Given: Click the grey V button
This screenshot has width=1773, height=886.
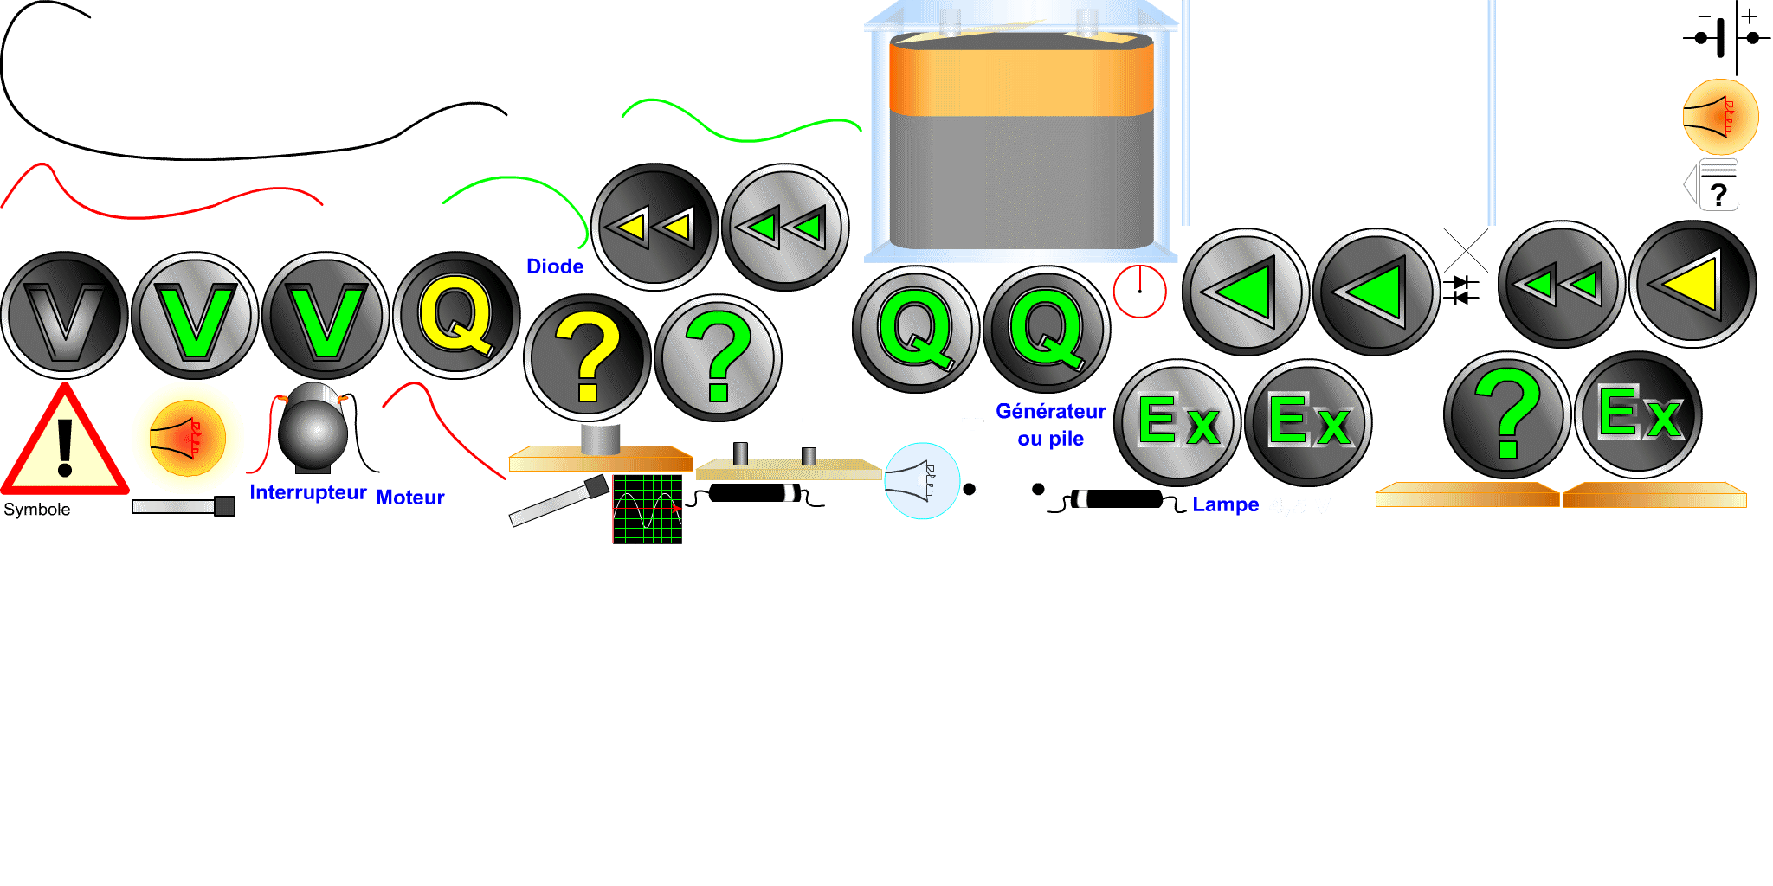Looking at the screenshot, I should [x=64, y=316].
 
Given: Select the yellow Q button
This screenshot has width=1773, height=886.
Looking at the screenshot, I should [x=456, y=316].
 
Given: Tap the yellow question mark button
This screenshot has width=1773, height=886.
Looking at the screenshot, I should [x=587, y=358].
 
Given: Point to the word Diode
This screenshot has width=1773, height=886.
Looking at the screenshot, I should [x=555, y=266].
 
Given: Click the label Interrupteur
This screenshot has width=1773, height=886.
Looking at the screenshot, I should [x=308, y=492].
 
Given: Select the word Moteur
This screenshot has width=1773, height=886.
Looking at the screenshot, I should [x=409, y=498].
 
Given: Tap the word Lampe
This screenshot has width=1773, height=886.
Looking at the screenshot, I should [x=1225, y=504].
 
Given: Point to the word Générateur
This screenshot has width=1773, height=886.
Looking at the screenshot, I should [x=1050, y=411].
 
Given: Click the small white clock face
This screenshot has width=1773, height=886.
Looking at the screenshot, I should [x=1139, y=292].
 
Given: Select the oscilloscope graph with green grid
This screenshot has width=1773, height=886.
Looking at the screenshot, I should [x=647, y=509].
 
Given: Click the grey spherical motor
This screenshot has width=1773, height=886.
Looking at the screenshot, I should [x=313, y=430].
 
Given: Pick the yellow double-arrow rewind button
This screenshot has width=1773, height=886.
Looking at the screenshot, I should [x=654, y=227].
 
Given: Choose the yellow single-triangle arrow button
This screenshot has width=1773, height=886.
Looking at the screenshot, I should [x=1692, y=284].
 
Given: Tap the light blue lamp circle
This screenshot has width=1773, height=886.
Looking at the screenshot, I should [x=922, y=481].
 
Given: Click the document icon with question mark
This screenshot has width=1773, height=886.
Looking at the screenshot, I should [x=1717, y=185].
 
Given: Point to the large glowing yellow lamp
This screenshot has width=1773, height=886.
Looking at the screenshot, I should [x=187, y=438].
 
